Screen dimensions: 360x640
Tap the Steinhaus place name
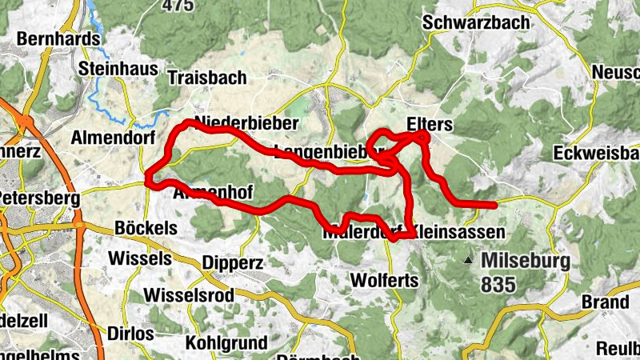point(118,69)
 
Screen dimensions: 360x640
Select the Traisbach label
point(207,78)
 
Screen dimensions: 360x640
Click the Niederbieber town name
point(246,123)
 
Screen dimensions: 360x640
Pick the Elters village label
point(430,124)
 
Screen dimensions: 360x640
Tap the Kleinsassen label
point(461,232)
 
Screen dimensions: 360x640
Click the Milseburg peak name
point(526,261)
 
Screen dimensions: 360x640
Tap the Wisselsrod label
point(189,295)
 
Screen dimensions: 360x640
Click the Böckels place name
point(146,228)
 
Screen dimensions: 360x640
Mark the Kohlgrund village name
point(226,343)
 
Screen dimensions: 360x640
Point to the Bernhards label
point(58,38)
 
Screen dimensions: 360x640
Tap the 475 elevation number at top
point(178,6)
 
